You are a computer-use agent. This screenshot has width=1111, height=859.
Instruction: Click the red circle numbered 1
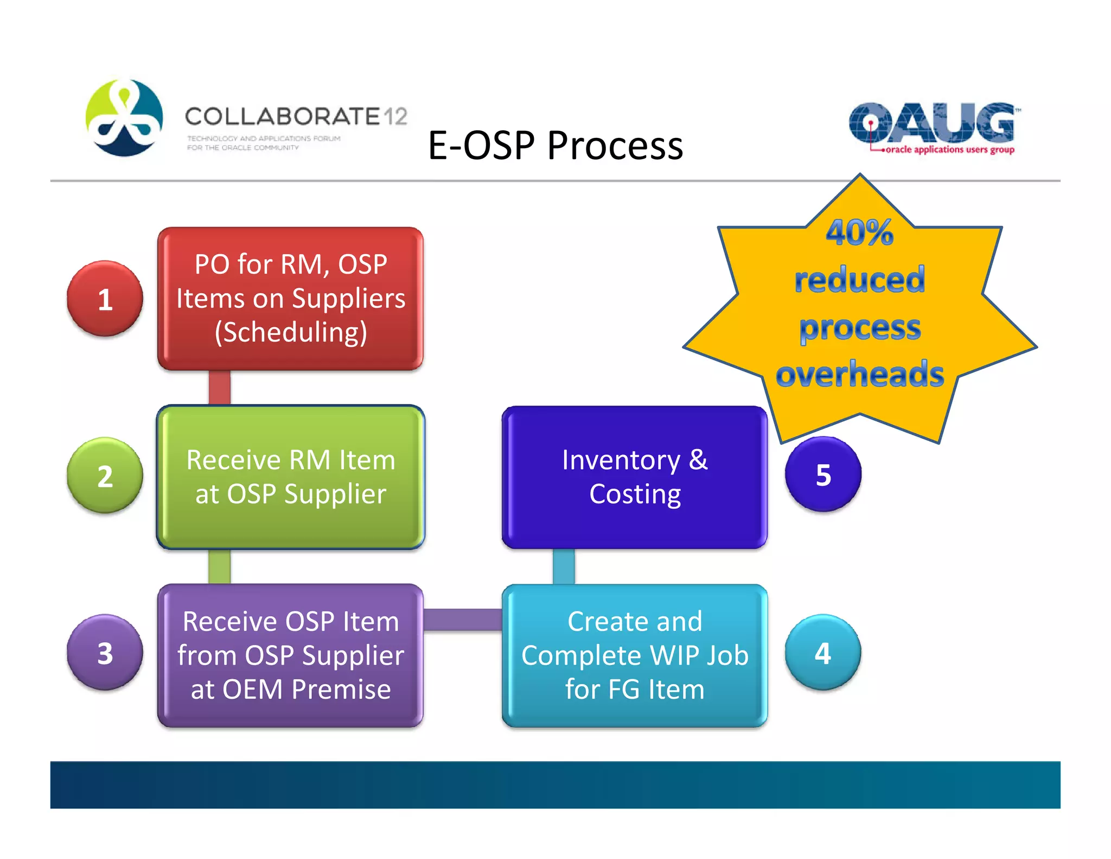tap(105, 299)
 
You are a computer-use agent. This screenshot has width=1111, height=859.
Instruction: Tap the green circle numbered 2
tap(105, 476)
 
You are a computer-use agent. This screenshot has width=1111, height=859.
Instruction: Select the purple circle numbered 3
tap(105, 653)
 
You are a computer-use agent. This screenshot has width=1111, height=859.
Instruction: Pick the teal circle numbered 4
tap(822, 653)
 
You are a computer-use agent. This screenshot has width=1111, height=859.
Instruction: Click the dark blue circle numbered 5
tap(823, 475)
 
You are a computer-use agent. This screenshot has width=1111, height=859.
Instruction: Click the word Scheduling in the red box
tap(291, 332)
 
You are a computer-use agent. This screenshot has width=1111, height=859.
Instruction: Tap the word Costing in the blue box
tap(635, 494)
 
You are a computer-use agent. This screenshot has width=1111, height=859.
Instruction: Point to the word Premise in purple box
tap(341, 690)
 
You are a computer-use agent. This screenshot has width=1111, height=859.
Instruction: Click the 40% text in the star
tap(859, 233)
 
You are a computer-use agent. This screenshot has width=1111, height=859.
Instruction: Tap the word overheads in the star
tap(859, 375)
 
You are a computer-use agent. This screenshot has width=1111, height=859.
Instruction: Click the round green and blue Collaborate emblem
tap(124, 118)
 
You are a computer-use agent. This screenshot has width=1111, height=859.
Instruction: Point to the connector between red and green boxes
tap(219, 388)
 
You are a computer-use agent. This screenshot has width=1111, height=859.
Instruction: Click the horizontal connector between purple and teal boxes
tap(462, 620)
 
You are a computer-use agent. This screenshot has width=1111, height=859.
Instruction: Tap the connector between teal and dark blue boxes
tap(564, 566)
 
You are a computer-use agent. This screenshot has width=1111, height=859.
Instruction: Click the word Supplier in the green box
tap(335, 494)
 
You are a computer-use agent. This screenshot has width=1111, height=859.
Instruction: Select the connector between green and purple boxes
tap(219, 566)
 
